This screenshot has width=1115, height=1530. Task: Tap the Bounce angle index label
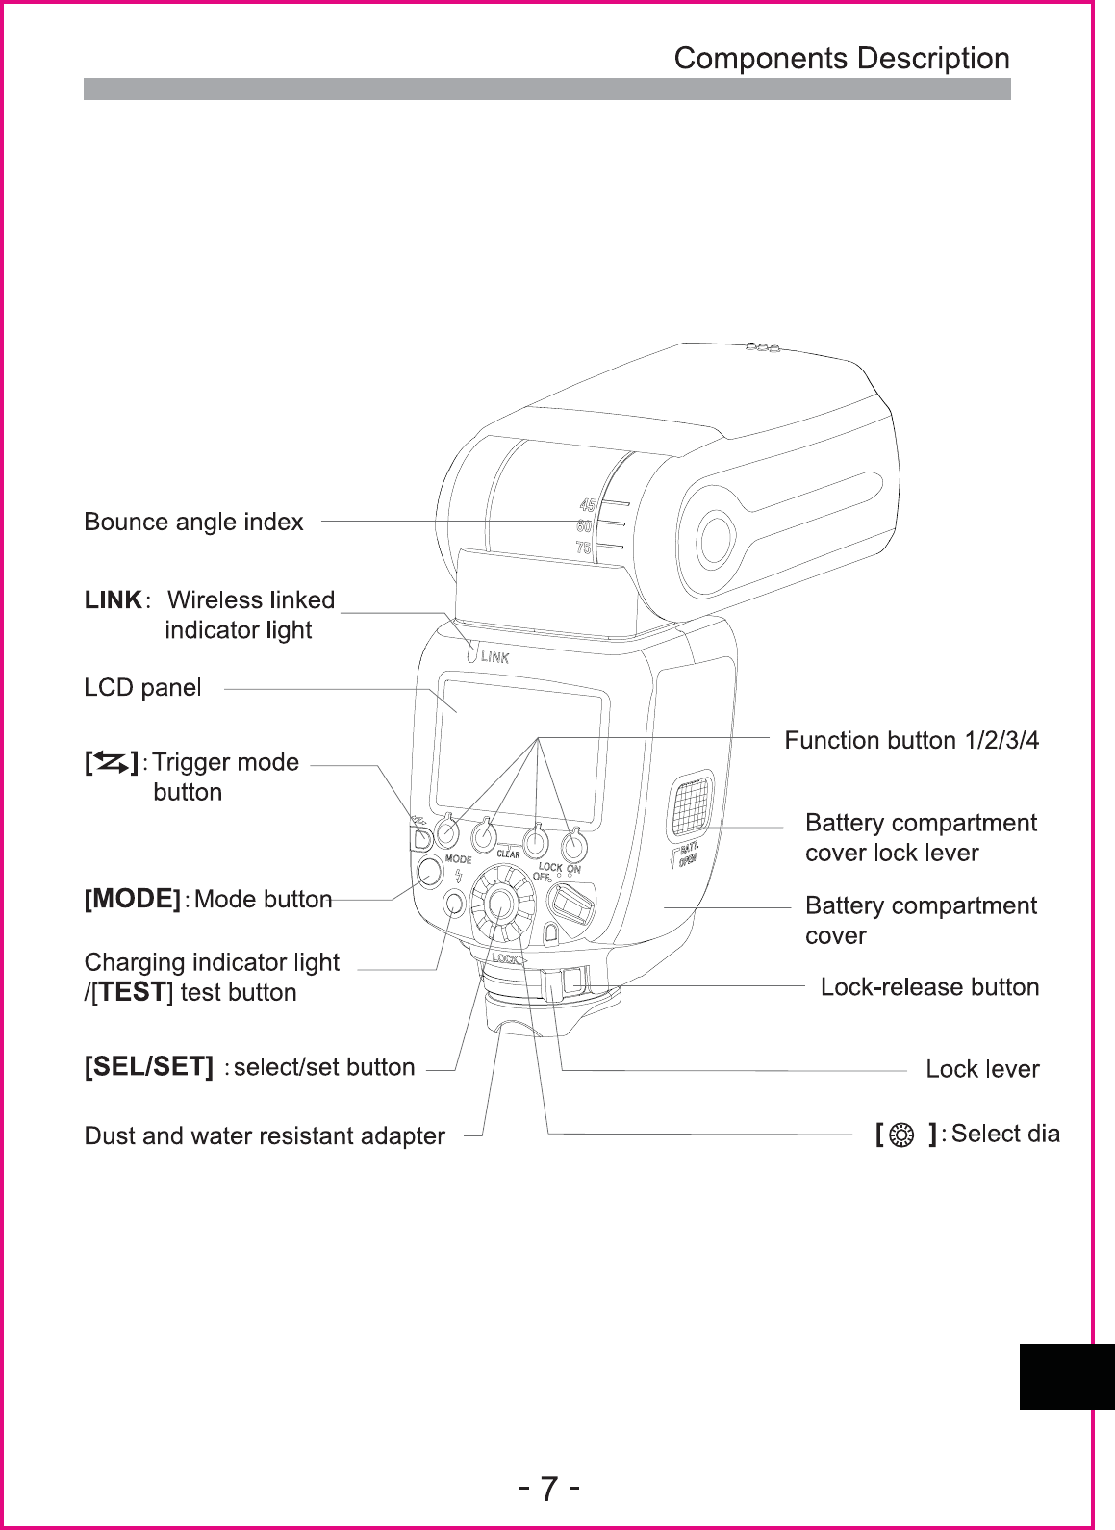pos(193,523)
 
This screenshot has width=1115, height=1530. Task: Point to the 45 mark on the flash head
pos(585,504)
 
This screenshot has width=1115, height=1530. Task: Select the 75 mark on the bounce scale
pos(583,548)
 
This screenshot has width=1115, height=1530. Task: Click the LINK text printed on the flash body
pos(494,657)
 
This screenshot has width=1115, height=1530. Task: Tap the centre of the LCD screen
pos(520,746)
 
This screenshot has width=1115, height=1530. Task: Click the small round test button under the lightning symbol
pos(452,904)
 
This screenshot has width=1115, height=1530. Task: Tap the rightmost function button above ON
pos(573,846)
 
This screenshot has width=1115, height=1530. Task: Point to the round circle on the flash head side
pos(715,537)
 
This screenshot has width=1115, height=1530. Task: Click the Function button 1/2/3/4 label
pos(912,741)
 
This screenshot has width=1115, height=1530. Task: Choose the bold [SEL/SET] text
pos(148,1067)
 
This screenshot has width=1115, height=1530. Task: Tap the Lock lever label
pos(981,1069)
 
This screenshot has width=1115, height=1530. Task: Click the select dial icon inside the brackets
pos(901,1135)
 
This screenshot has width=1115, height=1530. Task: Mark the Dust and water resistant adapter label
pos(265,1136)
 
